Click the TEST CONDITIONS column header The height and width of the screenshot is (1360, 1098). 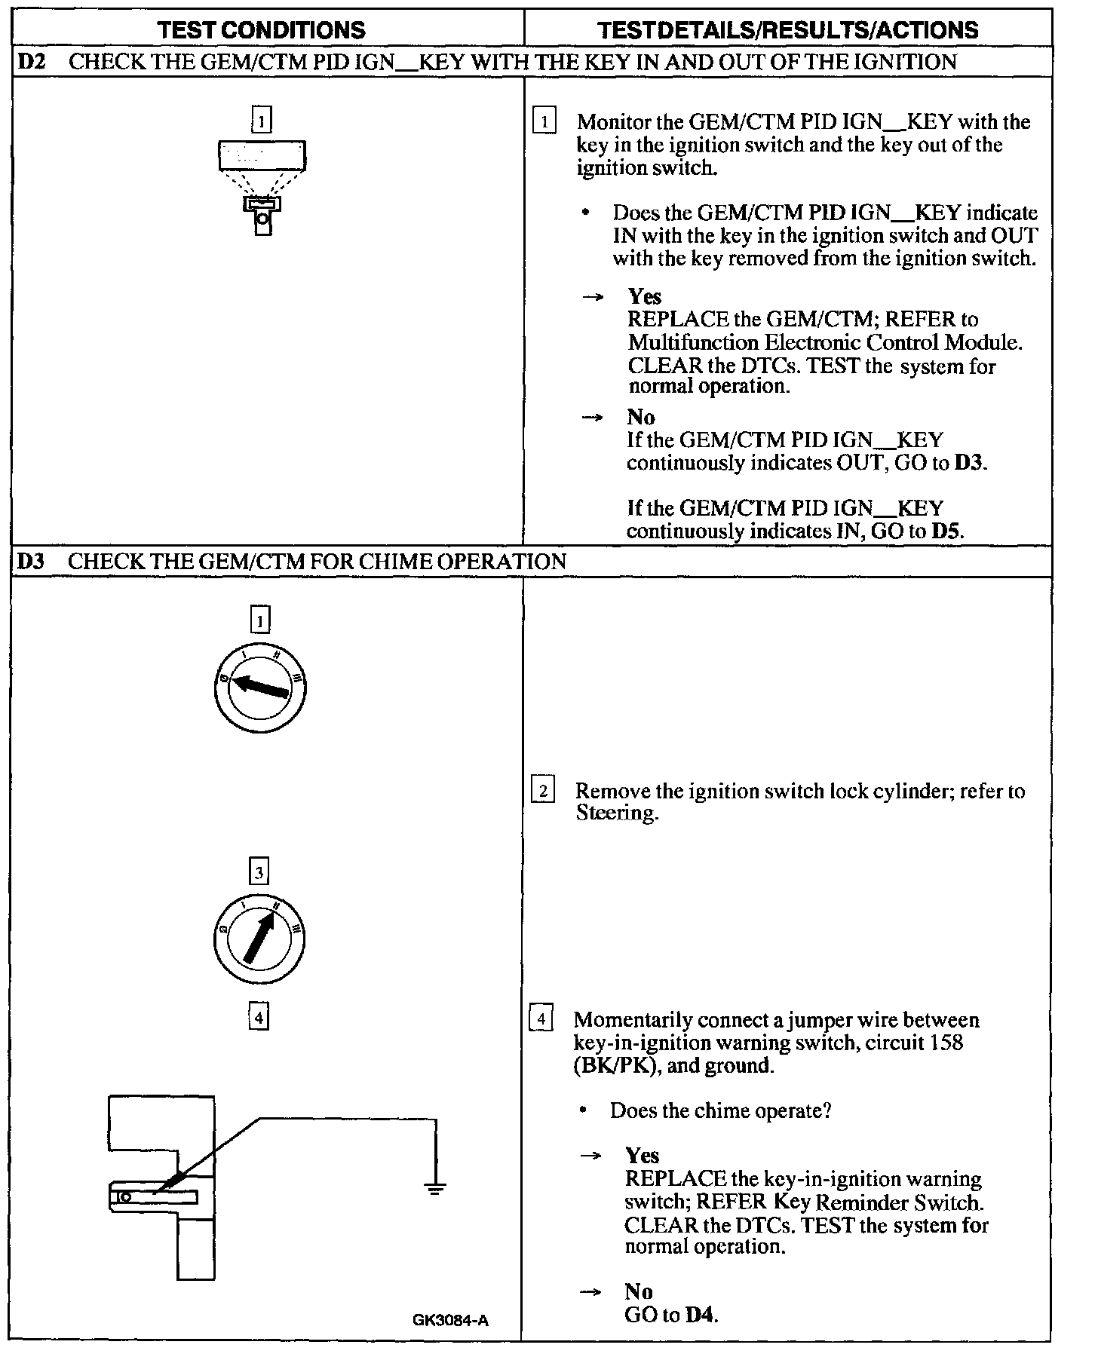click(x=262, y=29)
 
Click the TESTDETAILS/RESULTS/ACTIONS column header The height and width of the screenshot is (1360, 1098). click(x=787, y=29)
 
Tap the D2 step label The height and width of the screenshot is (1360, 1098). click(x=31, y=61)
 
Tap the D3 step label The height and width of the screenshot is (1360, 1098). click(x=31, y=562)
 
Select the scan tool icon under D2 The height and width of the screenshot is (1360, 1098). click(x=262, y=186)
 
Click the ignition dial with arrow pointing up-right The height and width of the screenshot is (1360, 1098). click(x=259, y=939)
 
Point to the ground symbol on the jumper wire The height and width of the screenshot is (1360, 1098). click(x=435, y=1190)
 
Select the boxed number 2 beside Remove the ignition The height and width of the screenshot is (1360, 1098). click(x=543, y=792)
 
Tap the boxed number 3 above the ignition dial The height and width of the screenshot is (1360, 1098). click(x=259, y=872)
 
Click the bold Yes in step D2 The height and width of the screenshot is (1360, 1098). click(x=644, y=296)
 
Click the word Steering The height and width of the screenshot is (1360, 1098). click(x=616, y=813)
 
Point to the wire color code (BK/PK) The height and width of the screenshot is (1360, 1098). click(x=612, y=1066)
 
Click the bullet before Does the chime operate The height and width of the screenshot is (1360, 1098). click(x=584, y=1110)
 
